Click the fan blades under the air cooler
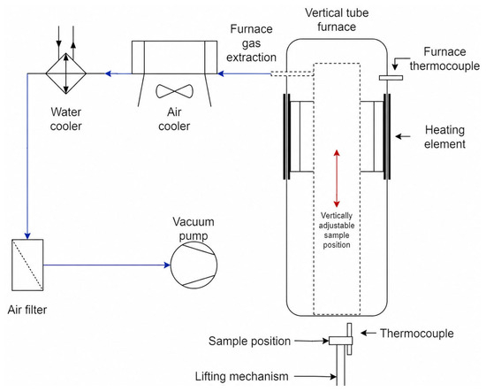(174, 91)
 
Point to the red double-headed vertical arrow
(337, 179)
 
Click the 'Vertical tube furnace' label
(337, 19)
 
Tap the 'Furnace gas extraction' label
(251, 43)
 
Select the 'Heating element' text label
(444, 137)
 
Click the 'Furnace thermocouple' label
(444, 58)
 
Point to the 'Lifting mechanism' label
(242, 376)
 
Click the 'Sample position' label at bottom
(249, 341)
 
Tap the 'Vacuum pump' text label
(194, 229)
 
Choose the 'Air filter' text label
(27, 310)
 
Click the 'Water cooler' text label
(66, 119)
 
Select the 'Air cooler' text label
(174, 119)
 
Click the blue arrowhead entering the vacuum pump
(167, 265)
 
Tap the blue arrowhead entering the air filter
(27, 235)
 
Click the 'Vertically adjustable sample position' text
(337, 230)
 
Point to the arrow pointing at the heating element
(403, 136)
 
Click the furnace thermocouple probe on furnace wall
(391, 78)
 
